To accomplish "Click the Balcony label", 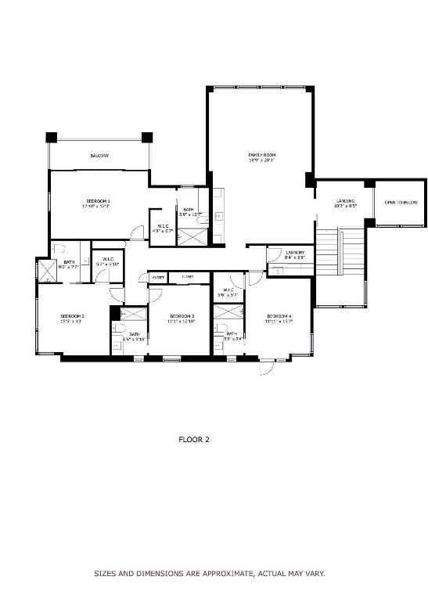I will [99, 156].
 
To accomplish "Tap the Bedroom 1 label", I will [98, 201].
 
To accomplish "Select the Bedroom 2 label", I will [72, 315].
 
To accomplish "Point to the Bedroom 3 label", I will [182, 315].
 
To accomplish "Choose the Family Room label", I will [262, 155].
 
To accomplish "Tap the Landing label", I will [346, 201].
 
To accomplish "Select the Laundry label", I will [295, 252].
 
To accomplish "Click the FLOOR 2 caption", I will [195, 439].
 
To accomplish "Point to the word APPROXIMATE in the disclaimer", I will [221, 574].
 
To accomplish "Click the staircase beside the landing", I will [340, 252].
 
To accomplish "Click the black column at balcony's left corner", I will [52, 138].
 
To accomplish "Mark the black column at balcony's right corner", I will [146, 138].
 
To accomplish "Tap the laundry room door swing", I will [274, 254].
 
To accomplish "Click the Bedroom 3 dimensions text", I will [182, 322].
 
